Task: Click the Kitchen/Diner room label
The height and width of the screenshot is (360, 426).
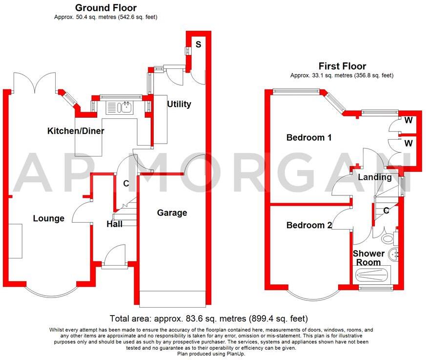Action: coord(76,131)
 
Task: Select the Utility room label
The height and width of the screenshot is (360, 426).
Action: coord(179,104)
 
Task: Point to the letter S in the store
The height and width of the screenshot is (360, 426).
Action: coord(198,44)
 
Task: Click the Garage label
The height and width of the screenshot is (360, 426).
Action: coord(172,212)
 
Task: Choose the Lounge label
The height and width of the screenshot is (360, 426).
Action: coord(49,218)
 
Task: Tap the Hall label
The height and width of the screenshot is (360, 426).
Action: coord(114,224)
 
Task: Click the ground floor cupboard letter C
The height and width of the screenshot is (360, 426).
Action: coord(125,184)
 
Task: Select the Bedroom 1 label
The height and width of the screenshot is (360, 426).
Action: coord(309,138)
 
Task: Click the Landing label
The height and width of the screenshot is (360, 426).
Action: coord(375,177)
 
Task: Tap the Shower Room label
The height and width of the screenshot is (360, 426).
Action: coord(368,258)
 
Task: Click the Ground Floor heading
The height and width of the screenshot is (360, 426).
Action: coord(105,8)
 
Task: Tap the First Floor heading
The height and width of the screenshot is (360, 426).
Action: coord(342,66)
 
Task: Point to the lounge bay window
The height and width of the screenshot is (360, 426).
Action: coord(51,291)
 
